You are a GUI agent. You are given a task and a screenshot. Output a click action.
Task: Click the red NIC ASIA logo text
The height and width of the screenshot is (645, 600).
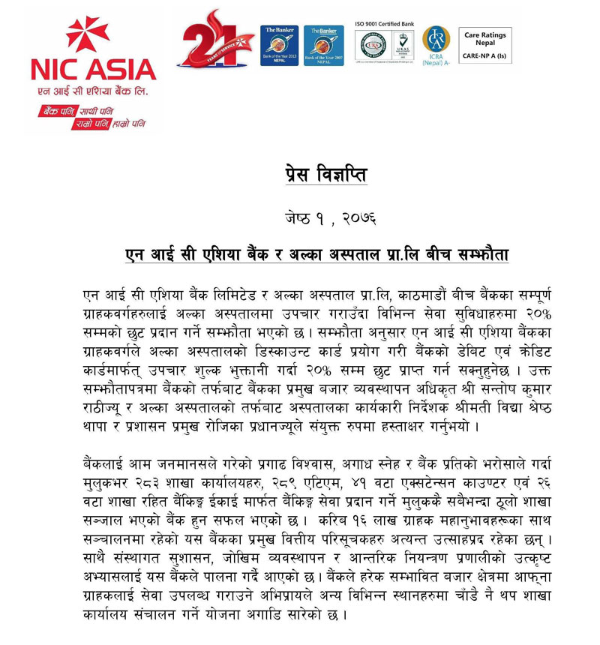coord(93,69)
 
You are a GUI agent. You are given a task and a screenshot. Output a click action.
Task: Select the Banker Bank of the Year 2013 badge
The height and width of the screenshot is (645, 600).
coord(280,45)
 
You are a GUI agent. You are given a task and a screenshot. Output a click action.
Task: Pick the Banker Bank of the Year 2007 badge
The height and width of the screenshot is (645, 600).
coord(324,45)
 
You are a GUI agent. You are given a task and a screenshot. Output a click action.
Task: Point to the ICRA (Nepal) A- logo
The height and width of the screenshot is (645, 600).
coord(436,44)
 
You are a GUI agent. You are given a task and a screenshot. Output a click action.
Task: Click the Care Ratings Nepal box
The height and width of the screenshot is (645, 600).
coord(485,45)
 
